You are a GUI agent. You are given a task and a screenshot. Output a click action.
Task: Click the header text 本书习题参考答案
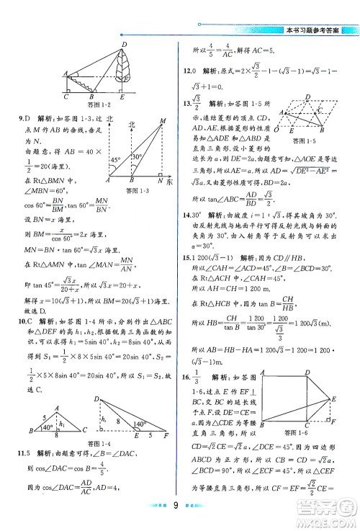pyautogui.click(x=316, y=31)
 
